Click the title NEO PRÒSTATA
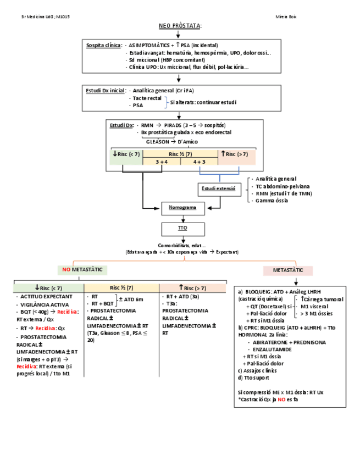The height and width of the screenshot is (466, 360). pyautogui.click(x=180, y=26)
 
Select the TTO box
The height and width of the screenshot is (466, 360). pyautogui.click(x=182, y=227)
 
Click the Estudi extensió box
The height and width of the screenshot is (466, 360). pyautogui.click(x=218, y=188)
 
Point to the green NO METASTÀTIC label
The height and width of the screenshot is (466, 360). pyautogui.click(x=82, y=270)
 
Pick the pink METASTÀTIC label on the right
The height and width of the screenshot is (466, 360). pyautogui.click(x=288, y=270)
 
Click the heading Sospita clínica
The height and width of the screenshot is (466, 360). pyautogui.click(x=103, y=46)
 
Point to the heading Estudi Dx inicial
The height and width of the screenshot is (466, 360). pyautogui.click(x=106, y=90)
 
